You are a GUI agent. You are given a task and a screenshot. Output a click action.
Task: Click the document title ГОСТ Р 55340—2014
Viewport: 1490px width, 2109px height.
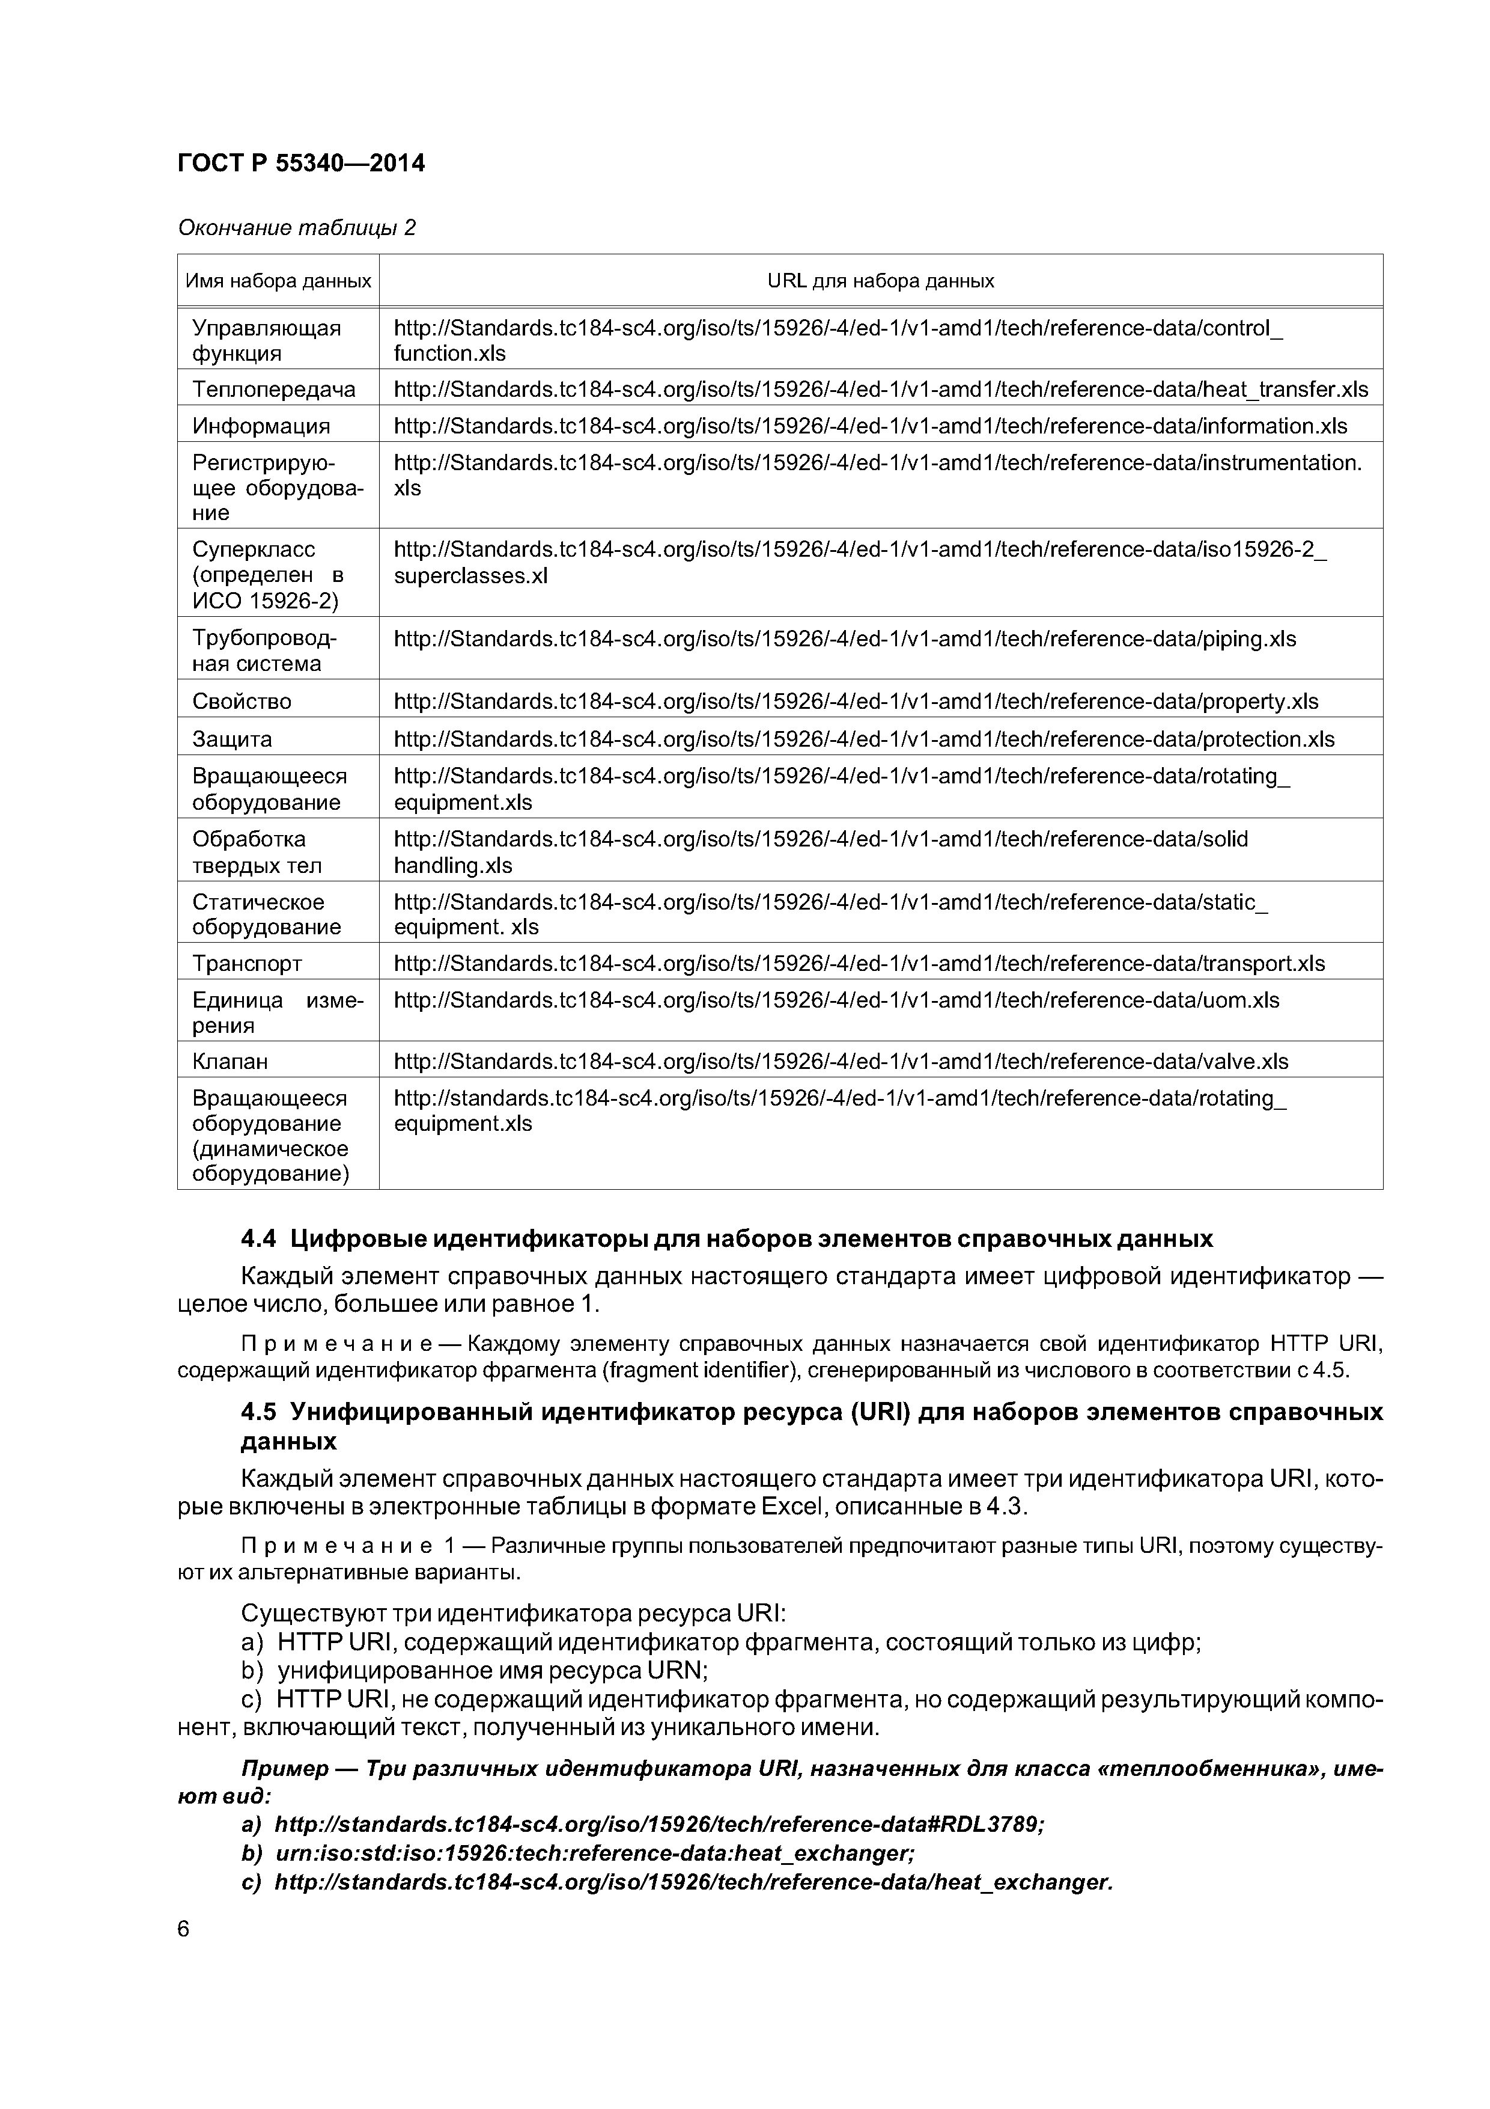pyautogui.click(x=301, y=164)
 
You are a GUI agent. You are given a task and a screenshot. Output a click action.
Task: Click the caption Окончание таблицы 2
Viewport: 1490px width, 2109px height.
pyautogui.click(x=297, y=227)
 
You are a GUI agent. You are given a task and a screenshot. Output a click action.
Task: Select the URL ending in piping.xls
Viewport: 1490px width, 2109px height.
pyautogui.click(x=845, y=639)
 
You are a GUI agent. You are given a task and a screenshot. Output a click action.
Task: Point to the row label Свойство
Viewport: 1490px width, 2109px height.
pyautogui.click(x=242, y=702)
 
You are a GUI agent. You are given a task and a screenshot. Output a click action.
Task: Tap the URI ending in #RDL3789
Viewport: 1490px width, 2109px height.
pyautogui.click(x=658, y=1824)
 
